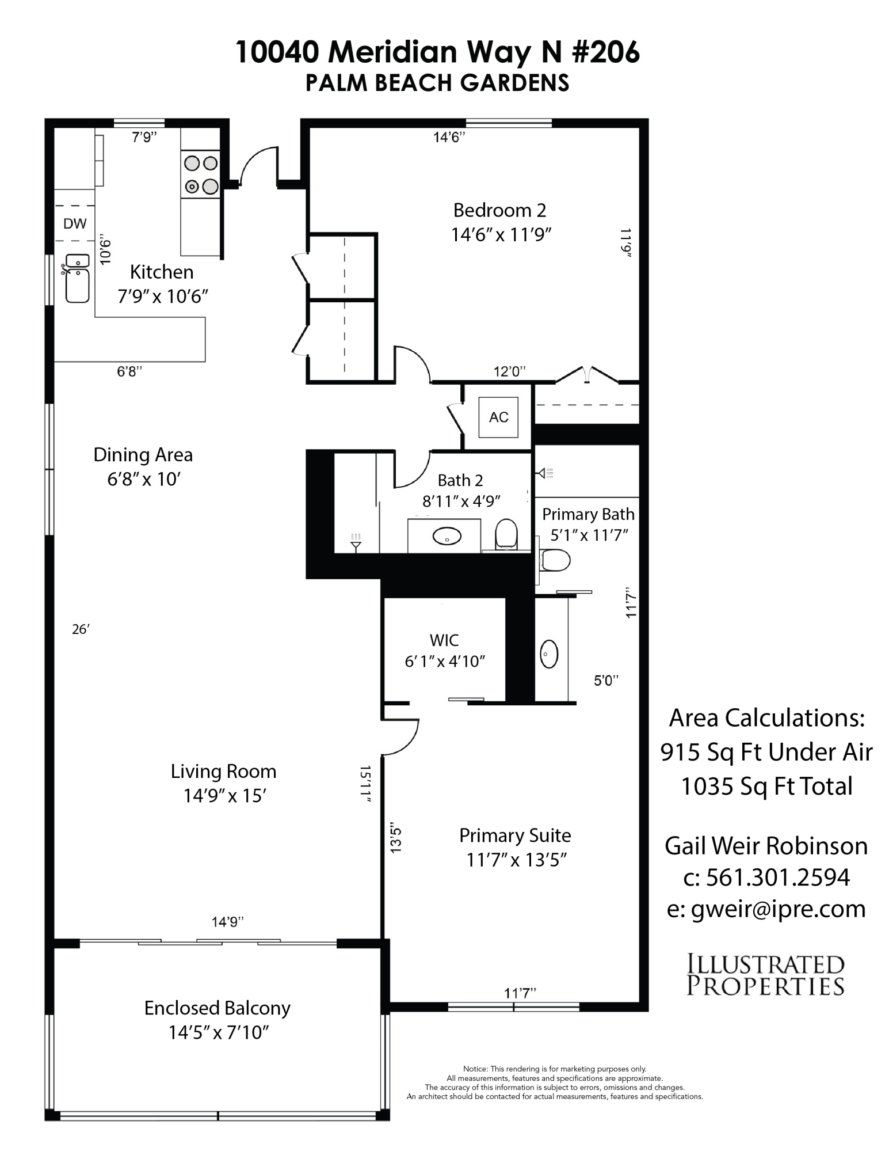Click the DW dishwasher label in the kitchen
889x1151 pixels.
(75, 224)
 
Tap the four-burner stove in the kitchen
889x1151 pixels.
(201, 174)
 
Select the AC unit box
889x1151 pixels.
(498, 417)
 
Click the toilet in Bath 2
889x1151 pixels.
(506, 534)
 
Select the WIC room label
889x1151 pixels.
(444, 640)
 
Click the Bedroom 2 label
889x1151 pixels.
(499, 210)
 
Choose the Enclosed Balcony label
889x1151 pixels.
(218, 1008)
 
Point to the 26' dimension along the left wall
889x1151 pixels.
(81, 629)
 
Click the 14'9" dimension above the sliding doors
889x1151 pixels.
(227, 922)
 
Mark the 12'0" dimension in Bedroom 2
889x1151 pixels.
(510, 371)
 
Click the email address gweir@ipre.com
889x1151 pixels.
(766, 909)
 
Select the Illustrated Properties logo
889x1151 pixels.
(765, 975)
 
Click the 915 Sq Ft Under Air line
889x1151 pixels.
(766, 752)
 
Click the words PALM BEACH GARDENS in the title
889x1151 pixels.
(437, 83)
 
